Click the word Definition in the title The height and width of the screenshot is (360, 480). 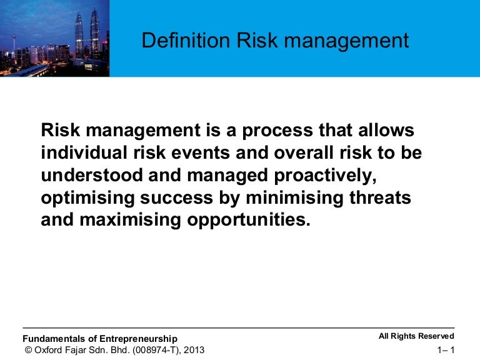(186, 41)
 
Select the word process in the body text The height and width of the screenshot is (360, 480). (277, 131)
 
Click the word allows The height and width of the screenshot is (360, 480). (386, 130)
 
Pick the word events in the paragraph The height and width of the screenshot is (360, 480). (201, 152)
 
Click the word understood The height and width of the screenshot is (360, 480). (92, 175)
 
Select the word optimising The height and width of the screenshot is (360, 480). (88, 198)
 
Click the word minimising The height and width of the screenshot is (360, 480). (294, 198)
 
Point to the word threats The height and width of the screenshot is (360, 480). (380, 197)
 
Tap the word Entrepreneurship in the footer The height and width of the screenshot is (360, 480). (138, 339)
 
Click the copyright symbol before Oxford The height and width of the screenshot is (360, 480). (28, 350)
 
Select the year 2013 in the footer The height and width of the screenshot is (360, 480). (194, 350)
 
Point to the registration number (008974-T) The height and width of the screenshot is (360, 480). (157, 350)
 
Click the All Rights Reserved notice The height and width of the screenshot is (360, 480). (416, 336)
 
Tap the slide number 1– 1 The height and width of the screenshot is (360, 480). (446, 350)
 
